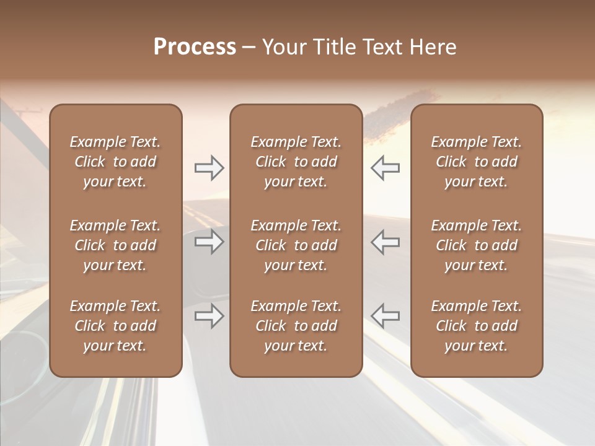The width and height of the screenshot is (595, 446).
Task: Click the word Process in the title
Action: coord(195,47)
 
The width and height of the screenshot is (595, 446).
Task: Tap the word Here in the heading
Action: coord(432,47)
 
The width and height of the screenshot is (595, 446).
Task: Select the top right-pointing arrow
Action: coord(209,168)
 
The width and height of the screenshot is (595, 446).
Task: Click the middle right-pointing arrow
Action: coord(209,242)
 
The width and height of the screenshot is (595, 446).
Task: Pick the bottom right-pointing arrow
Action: coord(209,316)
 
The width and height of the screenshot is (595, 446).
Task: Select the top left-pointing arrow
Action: coord(386,168)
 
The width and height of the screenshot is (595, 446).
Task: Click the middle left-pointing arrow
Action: coord(386,242)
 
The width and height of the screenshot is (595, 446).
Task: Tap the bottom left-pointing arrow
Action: coord(386,316)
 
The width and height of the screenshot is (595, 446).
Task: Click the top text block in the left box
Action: coord(115,162)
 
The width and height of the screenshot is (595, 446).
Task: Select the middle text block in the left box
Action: coord(115,245)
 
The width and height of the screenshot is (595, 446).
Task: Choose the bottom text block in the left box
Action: coord(115,326)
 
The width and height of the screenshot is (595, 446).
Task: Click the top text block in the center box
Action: coord(296,162)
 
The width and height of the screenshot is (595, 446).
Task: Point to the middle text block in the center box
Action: coord(296,245)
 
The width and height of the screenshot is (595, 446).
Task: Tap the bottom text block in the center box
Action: coord(296,326)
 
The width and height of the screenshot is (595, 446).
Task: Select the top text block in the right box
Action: coord(476,162)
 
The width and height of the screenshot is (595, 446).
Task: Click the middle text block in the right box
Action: coord(476,245)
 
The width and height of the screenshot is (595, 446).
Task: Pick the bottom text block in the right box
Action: coord(476,326)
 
